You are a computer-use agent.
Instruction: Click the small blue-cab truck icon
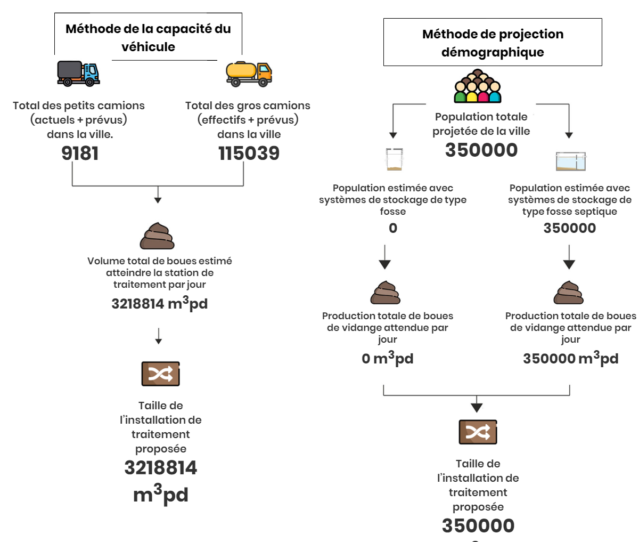point(78,74)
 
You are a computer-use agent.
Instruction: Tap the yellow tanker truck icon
point(249,74)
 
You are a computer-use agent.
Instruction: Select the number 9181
point(80,153)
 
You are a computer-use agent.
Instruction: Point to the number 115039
point(249,153)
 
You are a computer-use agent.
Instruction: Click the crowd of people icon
point(478,86)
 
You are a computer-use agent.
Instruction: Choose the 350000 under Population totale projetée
point(481,150)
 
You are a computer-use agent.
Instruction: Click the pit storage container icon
point(394,159)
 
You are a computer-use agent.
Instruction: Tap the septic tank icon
point(571,161)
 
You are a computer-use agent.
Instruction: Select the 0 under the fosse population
point(393,228)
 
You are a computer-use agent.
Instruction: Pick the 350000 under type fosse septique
point(570,228)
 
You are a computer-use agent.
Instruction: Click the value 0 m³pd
point(387,358)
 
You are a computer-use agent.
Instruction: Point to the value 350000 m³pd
point(571,358)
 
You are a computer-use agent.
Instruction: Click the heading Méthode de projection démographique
point(493,43)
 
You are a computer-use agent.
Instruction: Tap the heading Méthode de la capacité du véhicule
point(148,37)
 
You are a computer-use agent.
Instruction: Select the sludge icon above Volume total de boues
point(158,236)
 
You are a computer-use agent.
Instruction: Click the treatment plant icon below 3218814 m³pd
point(160,374)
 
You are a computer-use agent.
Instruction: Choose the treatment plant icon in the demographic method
point(478,432)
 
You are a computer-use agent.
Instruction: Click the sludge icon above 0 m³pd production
point(385,293)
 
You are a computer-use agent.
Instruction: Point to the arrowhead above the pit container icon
point(393,135)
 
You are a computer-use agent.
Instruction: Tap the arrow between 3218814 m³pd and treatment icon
point(159,336)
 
